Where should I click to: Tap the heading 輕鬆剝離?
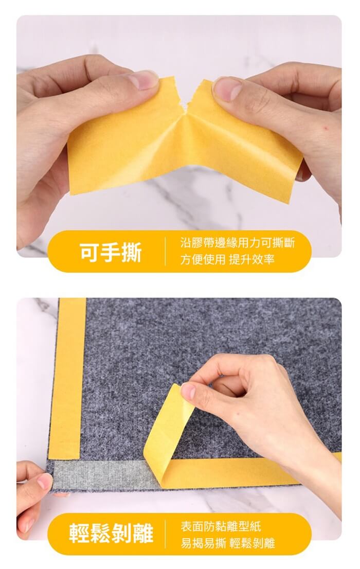[112, 533]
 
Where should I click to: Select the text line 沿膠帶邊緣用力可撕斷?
[238, 242]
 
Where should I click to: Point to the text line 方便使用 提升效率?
[227, 259]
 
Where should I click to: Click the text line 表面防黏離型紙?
[221, 526]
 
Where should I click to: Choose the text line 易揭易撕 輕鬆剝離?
[227, 543]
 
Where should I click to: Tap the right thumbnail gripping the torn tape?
[227, 89]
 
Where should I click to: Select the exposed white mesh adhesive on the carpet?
[105, 474]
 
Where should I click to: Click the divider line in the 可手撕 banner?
[165, 251]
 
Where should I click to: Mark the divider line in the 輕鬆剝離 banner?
[165, 534]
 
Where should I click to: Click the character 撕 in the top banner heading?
[131, 253]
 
